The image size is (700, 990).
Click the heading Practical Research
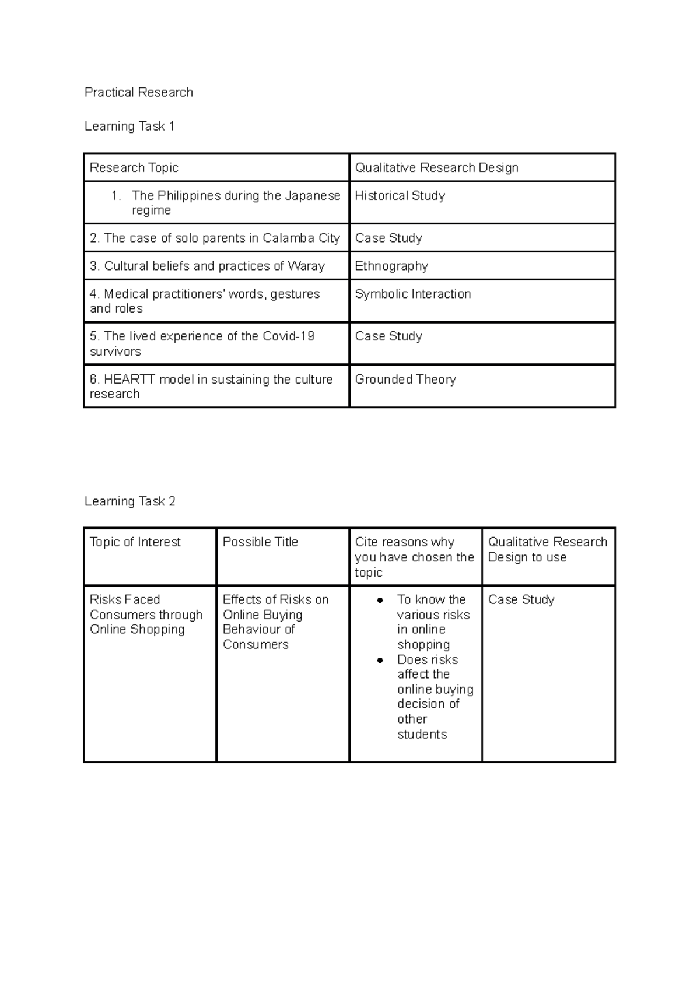click(x=138, y=92)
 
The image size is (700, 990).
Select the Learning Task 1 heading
click(x=129, y=126)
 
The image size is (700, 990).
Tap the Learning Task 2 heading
click(x=129, y=501)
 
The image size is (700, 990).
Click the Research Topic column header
click(x=134, y=168)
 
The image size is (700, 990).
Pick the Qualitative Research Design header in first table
click(x=436, y=168)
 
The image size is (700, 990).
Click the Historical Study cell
click(x=400, y=196)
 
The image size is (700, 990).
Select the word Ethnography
click(x=391, y=266)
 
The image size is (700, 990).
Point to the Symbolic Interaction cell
click(x=412, y=294)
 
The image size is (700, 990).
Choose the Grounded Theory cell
click(x=405, y=380)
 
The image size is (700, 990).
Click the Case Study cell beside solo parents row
click(x=388, y=238)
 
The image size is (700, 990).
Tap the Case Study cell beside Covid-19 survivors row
click(x=388, y=336)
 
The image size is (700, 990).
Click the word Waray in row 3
click(x=306, y=266)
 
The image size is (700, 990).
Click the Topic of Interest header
click(x=135, y=542)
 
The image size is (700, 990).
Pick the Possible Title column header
click(x=260, y=542)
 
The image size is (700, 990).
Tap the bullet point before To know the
click(x=380, y=600)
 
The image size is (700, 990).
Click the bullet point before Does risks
click(x=380, y=660)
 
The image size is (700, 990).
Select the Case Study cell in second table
click(x=521, y=600)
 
